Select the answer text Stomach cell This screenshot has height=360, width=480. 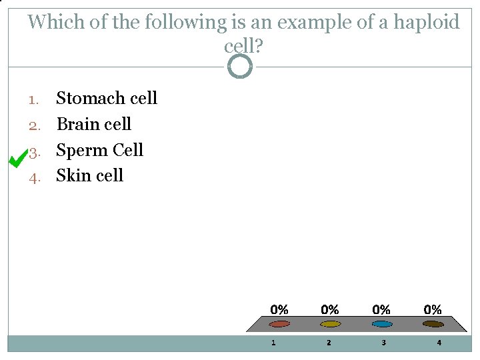click(107, 99)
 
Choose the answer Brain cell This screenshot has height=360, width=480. click(93, 125)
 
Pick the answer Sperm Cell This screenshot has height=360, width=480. click(99, 150)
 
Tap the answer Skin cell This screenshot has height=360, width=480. click(89, 176)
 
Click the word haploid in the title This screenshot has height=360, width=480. click(427, 23)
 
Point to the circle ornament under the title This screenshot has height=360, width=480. click(240, 66)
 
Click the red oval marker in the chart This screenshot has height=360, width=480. click(279, 324)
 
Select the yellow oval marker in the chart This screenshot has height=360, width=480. click(330, 324)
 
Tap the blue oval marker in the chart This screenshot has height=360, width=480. click(381, 324)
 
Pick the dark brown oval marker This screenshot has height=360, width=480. click(433, 324)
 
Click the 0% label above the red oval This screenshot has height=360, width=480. click(279, 310)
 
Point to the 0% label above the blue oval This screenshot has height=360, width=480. click(381, 310)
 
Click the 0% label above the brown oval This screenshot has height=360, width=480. click(433, 310)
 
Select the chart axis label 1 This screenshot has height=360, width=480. click(273, 343)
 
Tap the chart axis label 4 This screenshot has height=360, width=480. click(439, 343)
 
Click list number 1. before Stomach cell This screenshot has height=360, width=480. click(35, 100)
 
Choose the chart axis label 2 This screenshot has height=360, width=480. click(328, 343)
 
